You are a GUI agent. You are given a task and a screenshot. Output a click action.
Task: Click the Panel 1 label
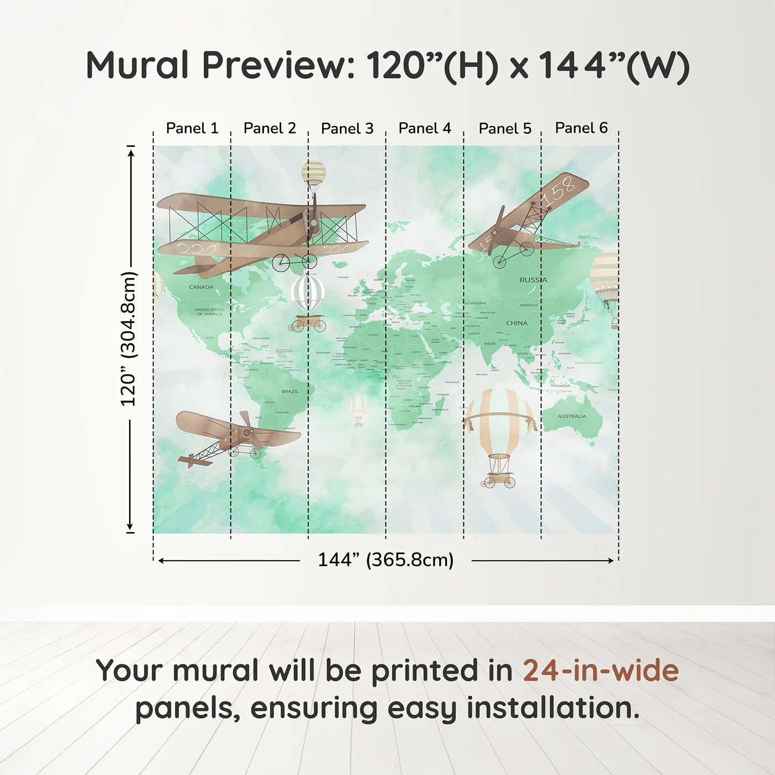click(192, 128)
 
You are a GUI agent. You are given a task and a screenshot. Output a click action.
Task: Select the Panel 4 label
click(425, 128)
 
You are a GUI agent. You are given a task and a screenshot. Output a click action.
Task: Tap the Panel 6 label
click(581, 128)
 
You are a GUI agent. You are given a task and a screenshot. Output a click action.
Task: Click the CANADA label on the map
click(201, 287)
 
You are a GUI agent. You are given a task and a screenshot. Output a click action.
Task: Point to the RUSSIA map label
click(533, 280)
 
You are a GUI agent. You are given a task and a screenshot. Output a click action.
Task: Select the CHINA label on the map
click(516, 323)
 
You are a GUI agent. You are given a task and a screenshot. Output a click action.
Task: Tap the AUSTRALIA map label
click(571, 416)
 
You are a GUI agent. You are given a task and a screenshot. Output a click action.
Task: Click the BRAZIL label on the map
click(290, 391)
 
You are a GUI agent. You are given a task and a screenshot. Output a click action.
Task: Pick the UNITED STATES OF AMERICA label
click(209, 312)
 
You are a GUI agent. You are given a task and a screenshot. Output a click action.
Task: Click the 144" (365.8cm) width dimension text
click(385, 560)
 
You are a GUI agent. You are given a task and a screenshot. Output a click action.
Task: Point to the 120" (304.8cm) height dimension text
click(128, 339)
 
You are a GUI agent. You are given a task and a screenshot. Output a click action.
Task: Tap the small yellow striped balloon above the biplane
click(314, 174)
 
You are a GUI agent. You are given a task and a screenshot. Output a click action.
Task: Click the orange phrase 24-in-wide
click(601, 671)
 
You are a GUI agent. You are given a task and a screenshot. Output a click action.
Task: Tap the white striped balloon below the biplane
click(308, 293)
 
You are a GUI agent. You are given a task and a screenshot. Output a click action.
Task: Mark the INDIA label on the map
click(490, 344)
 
